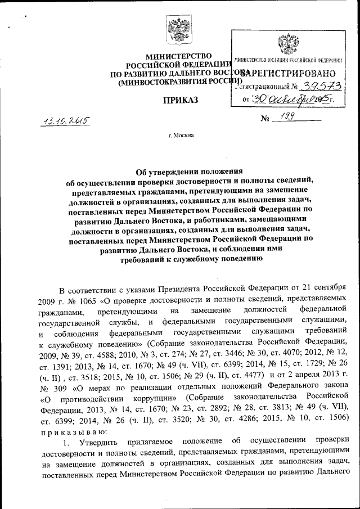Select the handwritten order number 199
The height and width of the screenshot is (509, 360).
click(287, 118)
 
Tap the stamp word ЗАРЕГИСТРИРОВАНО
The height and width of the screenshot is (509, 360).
click(289, 73)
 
